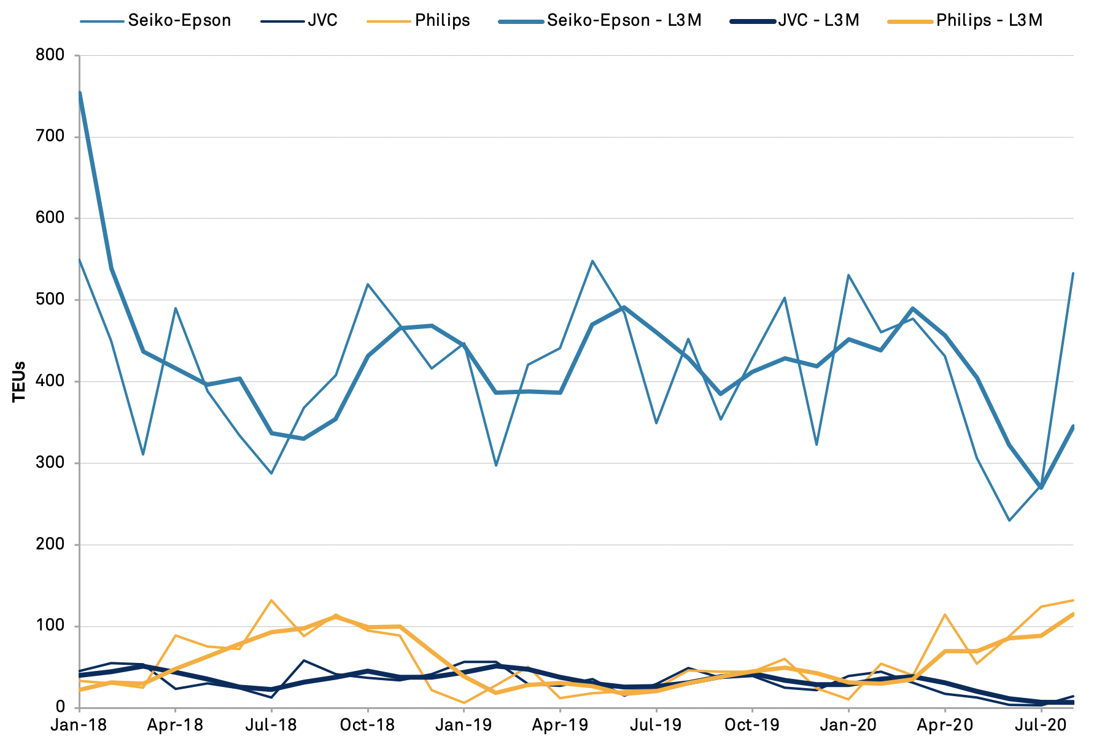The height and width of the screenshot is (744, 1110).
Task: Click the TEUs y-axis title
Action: tap(20, 381)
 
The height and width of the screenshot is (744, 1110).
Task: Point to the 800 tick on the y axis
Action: tap(51, 55)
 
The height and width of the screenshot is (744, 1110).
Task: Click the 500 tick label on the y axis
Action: tap(51, 300)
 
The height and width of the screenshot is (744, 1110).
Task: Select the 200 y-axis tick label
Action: tap(51, 544)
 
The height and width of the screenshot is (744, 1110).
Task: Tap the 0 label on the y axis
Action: tap(60, 708)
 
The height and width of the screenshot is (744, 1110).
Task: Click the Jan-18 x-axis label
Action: tap(79, 725)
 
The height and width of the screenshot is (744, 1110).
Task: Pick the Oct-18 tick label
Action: tap(367, 725)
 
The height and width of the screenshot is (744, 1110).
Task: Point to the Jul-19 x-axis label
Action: tap(656, 725)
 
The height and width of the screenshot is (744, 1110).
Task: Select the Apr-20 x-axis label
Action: tap(945, 725)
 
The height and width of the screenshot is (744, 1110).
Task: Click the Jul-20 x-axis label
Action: tap(1041, 725)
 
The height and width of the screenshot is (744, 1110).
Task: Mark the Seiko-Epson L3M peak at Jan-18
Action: tap(80, 93)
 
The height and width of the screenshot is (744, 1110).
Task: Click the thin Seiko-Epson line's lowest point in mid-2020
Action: tap(1009, 521)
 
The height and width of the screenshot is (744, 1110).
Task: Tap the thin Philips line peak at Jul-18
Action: tap(271, 600)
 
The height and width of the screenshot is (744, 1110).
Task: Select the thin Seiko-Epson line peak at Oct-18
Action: tap(367, 284)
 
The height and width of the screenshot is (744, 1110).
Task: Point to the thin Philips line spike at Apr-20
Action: tap(945, 614)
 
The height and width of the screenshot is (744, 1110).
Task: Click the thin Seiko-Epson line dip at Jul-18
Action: tap(271, 473)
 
